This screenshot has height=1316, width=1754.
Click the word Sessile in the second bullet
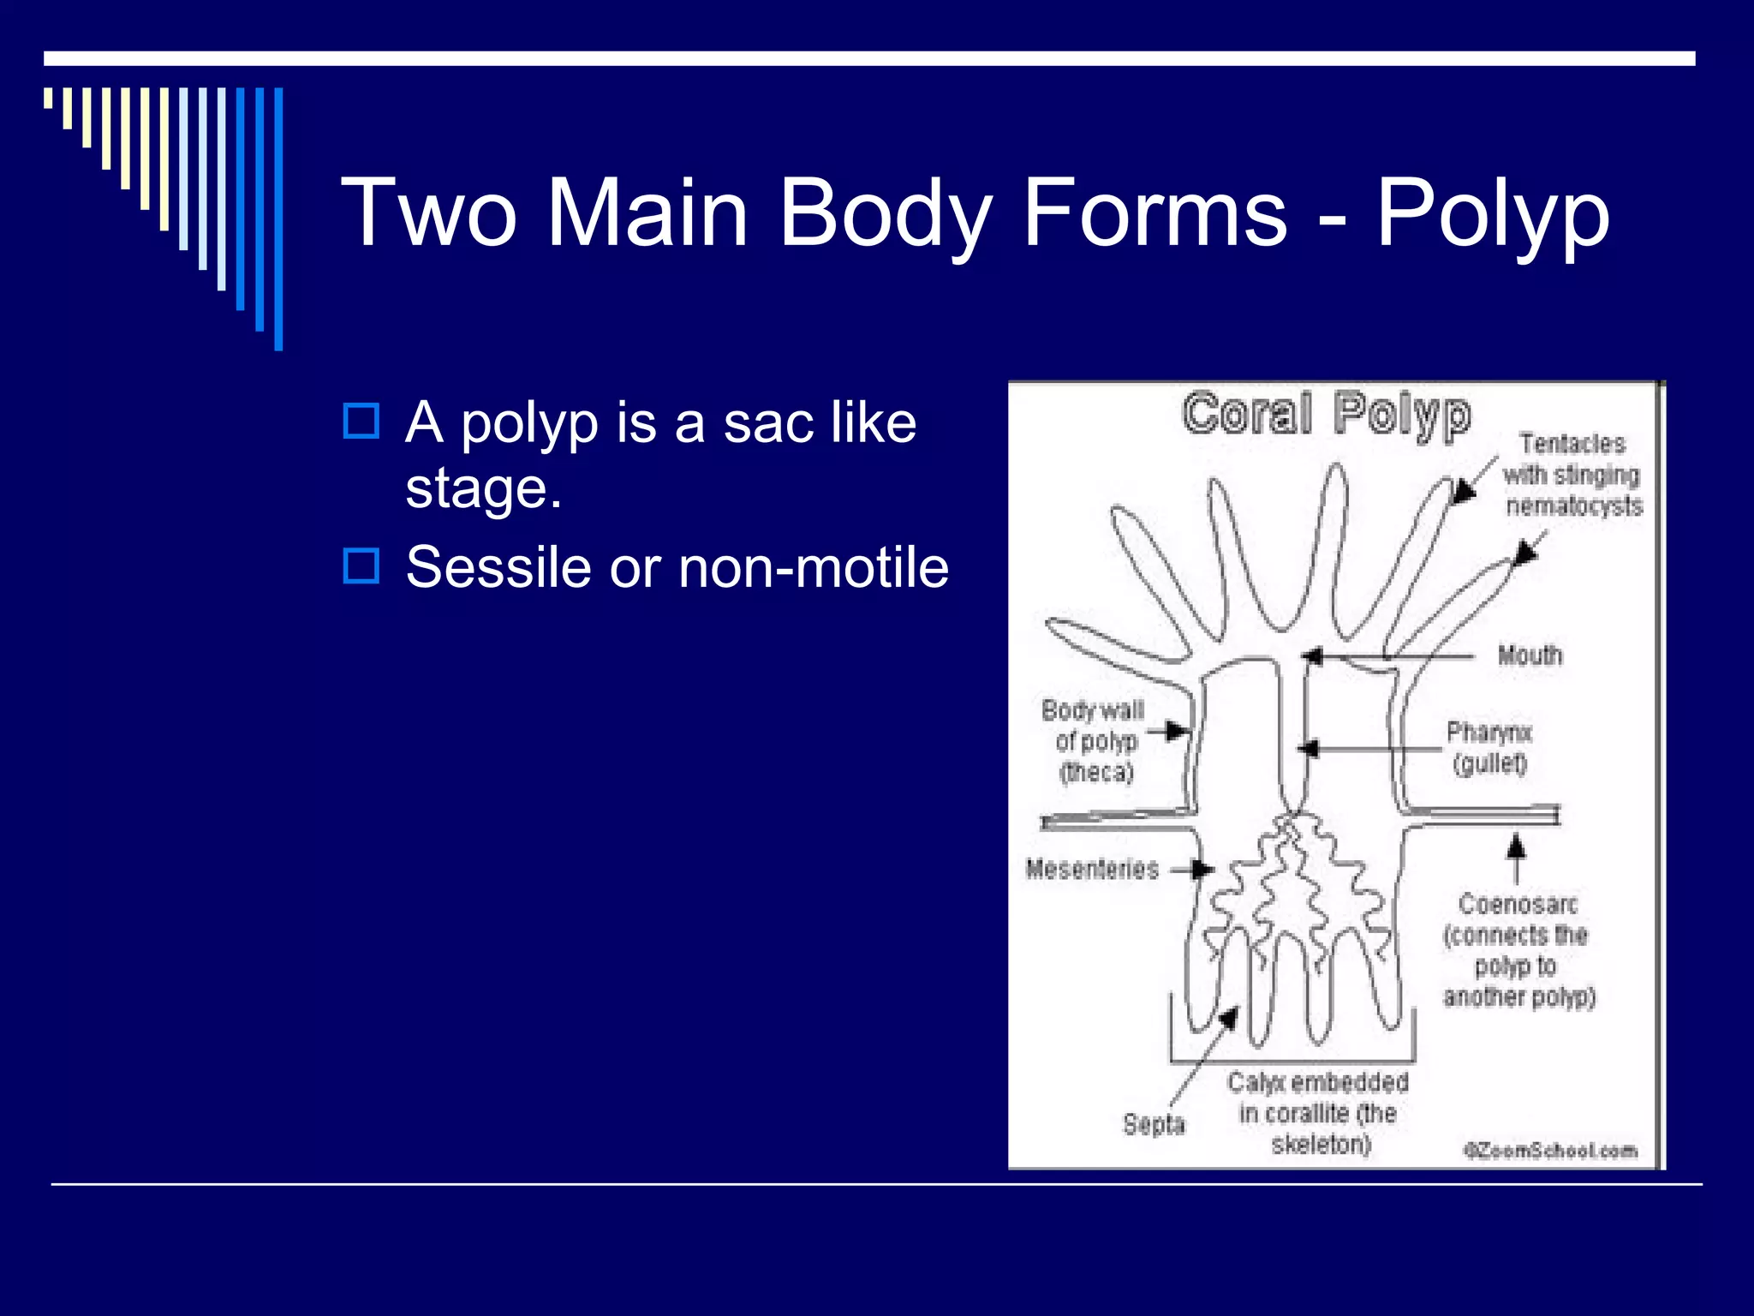click(498, 567)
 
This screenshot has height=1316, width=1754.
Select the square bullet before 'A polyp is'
click(361, 422)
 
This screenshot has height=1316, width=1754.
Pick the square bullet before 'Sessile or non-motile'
click(361, 566)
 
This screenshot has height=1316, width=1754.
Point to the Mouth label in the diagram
click(1530, 656)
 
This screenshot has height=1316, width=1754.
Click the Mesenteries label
click(1092, 870)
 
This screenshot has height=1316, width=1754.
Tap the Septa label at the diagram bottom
click(1154, 1124)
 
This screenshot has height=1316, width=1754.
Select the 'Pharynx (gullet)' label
click(1489, 747)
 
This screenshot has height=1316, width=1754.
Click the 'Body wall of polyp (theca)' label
click(1094, 741)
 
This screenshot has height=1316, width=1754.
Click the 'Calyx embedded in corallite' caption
click(1318, 1113)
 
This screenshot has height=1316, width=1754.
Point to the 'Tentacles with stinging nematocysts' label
click(1572, 475)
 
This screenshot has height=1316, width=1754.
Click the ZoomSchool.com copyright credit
click(1550, 1151)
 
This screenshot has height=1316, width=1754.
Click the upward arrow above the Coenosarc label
click(1517, 848)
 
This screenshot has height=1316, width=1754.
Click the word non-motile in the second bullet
click(813, 567)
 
